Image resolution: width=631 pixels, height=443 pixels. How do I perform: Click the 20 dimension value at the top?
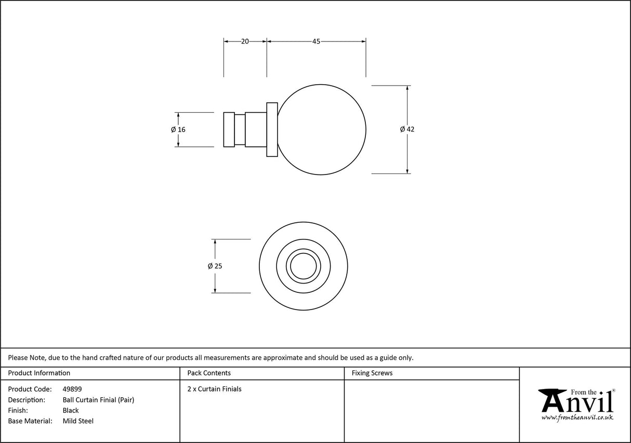(245, 42)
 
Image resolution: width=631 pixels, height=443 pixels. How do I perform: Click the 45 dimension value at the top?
(316, 42)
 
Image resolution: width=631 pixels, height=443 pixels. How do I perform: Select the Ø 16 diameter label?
(178, 129)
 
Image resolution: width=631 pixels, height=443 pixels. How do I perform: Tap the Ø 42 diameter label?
(407, 129)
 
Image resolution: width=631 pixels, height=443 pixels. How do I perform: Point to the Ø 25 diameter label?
(215, 266)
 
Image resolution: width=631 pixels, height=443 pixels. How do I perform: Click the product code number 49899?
(72, 389)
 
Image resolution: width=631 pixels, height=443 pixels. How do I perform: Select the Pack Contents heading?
(209, 373)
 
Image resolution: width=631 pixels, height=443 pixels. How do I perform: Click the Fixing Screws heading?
(372, 373)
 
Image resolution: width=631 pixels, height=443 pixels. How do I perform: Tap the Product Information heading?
(39, 373)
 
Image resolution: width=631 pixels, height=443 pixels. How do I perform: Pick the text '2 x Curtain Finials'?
(214, 389)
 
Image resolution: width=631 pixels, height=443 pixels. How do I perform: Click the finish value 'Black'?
(71, 410)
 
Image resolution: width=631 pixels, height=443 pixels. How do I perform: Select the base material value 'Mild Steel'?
(78, 421)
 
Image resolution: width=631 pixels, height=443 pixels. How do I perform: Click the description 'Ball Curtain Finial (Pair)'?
(98, 400)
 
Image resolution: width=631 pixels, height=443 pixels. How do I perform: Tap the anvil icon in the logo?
(553, 400)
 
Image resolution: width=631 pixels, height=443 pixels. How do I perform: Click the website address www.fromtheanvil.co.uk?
(577, 418)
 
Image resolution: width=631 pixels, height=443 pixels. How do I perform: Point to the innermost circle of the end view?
(303, 266)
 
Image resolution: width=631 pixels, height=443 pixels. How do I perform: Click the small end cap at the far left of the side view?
(229, 129)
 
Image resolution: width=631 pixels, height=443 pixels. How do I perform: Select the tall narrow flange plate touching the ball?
(272, 129)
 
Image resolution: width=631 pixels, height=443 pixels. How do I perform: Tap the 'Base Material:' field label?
(30, 421)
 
